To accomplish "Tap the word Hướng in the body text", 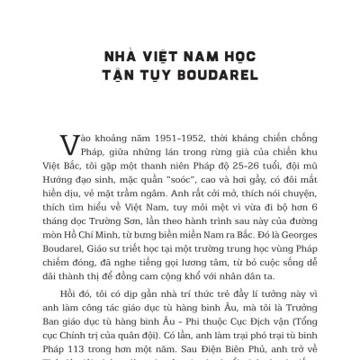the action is click(74, 183).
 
